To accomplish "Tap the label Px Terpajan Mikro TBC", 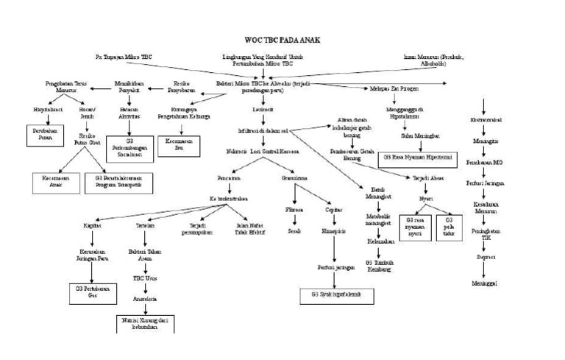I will tap(125, 57).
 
